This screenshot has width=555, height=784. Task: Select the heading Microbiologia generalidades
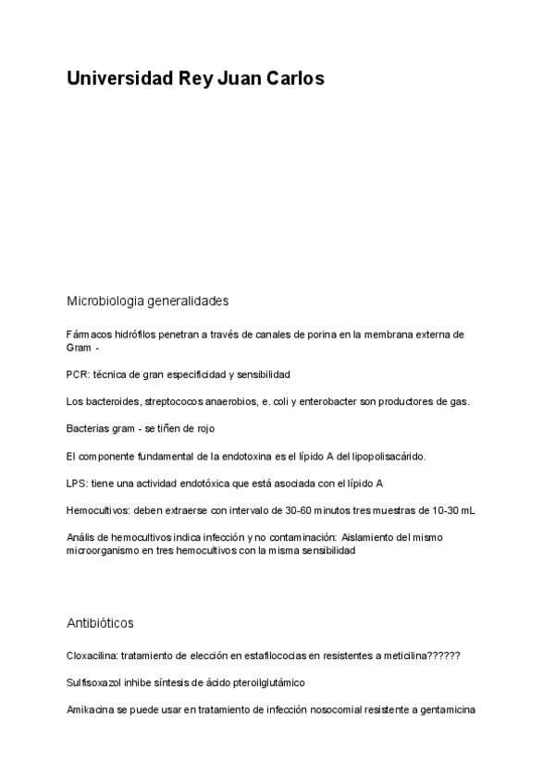click(147, 300)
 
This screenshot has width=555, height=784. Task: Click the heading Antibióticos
click(100, 623)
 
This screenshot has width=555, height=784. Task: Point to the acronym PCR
click(76, 374)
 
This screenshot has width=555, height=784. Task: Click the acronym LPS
click(76, 484)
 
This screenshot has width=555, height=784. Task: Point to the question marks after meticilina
click(445, 655)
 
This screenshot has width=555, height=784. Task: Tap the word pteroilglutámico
click(261, 682)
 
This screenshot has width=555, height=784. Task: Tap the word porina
click(311, 334)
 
